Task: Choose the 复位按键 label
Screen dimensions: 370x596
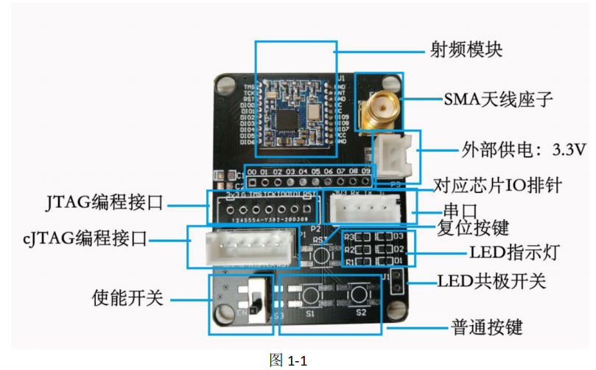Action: [472, 226]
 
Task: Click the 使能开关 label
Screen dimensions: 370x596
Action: [127, 298]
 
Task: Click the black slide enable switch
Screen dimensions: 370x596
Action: [254, 298]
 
